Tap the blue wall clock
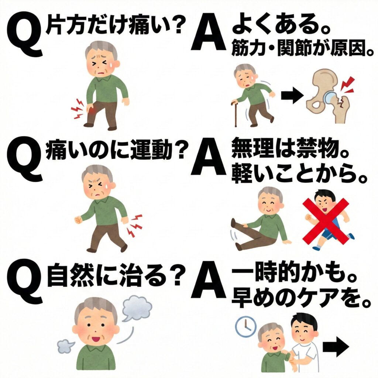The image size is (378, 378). click(245, 326)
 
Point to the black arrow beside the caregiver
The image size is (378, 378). click(336, 346)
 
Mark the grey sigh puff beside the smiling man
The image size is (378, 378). click(66, 346)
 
